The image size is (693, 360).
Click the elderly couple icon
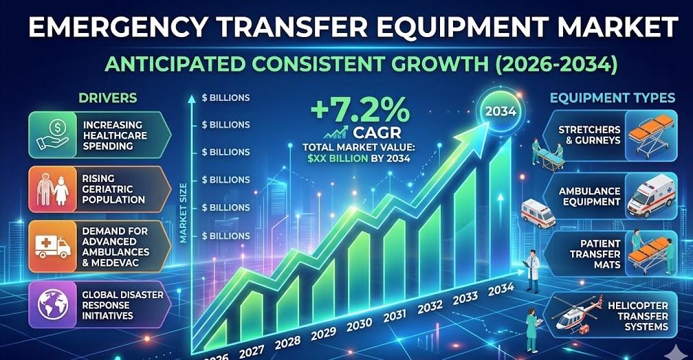pyautogui.click(x=49, y=189)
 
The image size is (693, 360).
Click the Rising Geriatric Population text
pyautogui.click(x=113, y=188)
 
